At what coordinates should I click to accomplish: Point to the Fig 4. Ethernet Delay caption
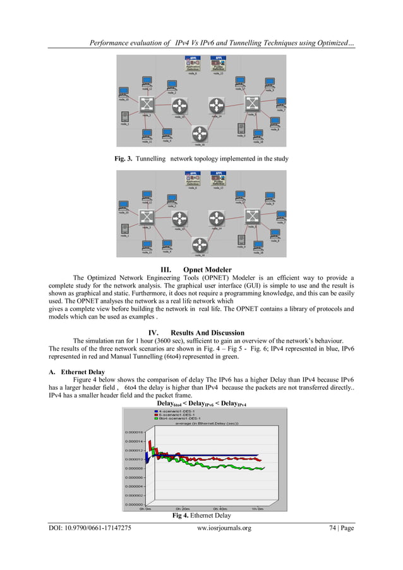[x=201, y=516]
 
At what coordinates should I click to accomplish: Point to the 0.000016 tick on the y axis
[x=134, y=432]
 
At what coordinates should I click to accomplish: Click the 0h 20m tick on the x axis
[x=183, y=508]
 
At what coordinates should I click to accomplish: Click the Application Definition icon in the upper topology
[x=191, y=64]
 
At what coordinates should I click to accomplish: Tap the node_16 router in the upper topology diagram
[x=200, y=133]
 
